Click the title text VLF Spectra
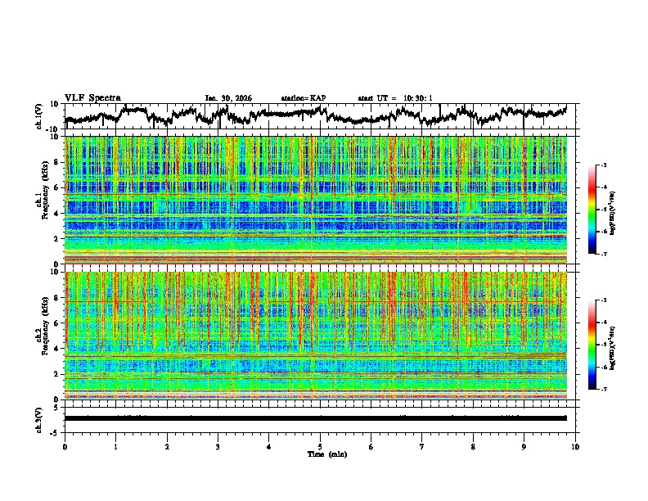point(92,97)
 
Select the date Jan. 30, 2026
point(228,98)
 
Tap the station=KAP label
point(304,98)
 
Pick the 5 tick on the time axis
point(320,446)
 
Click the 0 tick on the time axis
point(65,446)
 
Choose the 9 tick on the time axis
point(524,446)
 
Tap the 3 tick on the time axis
point(218,446)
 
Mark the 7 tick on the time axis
point(422,446)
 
